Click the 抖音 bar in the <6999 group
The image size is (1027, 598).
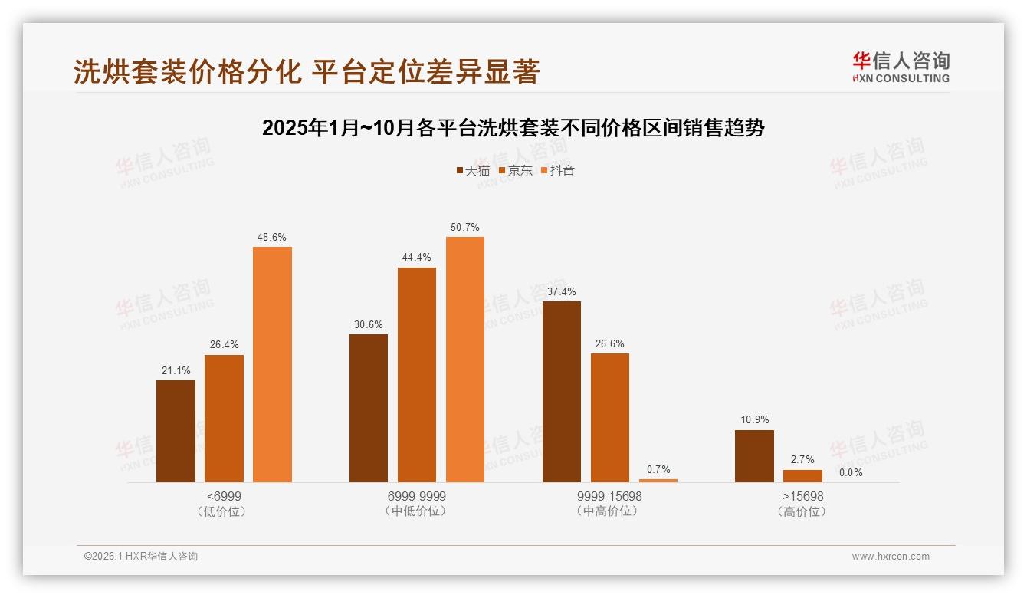point(272,364)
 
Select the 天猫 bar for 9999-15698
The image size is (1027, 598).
point(562,391)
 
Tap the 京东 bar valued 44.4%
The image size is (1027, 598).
point(417,374)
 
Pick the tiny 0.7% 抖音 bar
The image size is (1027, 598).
point(658,481)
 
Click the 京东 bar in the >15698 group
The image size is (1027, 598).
point(802,476)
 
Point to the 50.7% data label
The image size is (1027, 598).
point(465,228)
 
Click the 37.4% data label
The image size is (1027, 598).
point(562,292)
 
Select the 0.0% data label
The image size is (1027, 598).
point(851,473)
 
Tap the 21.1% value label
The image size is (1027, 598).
point(176,371)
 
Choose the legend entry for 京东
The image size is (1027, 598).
point(515,171)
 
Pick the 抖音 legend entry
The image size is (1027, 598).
point(557,171)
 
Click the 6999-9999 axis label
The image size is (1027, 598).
point(417,497)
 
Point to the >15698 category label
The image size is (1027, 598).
point(802,497)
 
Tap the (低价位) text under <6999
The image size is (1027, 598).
point(224,511)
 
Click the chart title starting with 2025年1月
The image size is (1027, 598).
point(513,128)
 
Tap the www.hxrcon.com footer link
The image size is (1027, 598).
point(891,557)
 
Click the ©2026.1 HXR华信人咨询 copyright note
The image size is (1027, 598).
point(141,557)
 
